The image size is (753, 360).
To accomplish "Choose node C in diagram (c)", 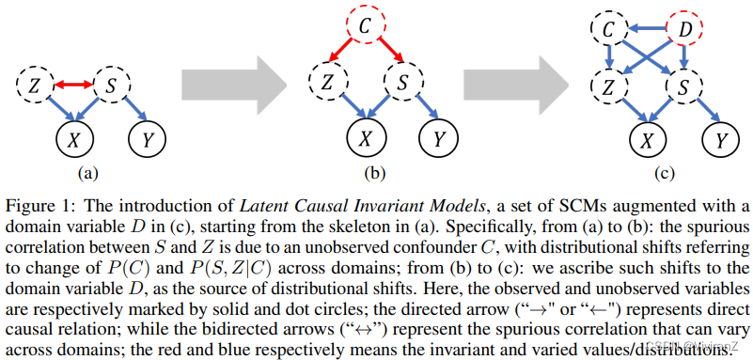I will click(610, 30).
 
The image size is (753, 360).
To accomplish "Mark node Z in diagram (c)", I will click(609, 87).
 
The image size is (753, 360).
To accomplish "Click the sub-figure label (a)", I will click(88, 172).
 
